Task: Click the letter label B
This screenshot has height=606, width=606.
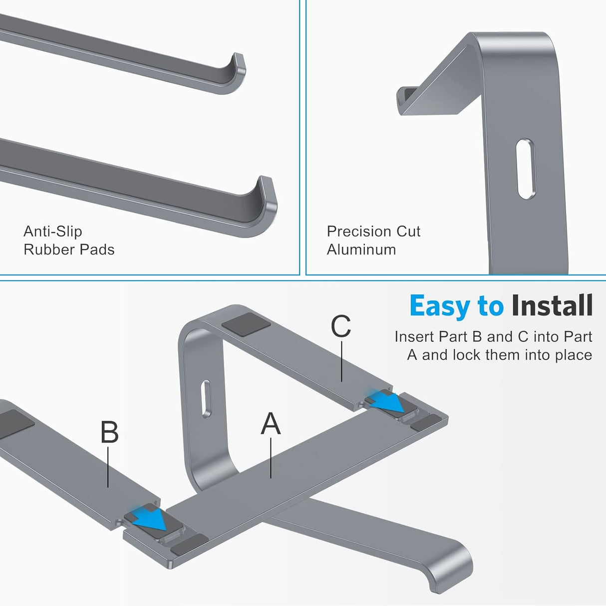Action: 109,432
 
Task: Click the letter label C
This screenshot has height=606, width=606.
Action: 341,326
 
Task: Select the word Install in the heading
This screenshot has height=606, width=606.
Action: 552,305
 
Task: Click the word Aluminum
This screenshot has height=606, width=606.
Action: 361,250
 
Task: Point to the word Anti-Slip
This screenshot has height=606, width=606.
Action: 52,231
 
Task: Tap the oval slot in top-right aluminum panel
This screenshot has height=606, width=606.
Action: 526,169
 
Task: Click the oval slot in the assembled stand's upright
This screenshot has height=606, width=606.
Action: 206,398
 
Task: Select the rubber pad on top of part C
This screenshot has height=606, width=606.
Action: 246,324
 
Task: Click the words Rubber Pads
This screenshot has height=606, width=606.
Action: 69,250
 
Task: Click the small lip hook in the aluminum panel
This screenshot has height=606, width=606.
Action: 407,97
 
